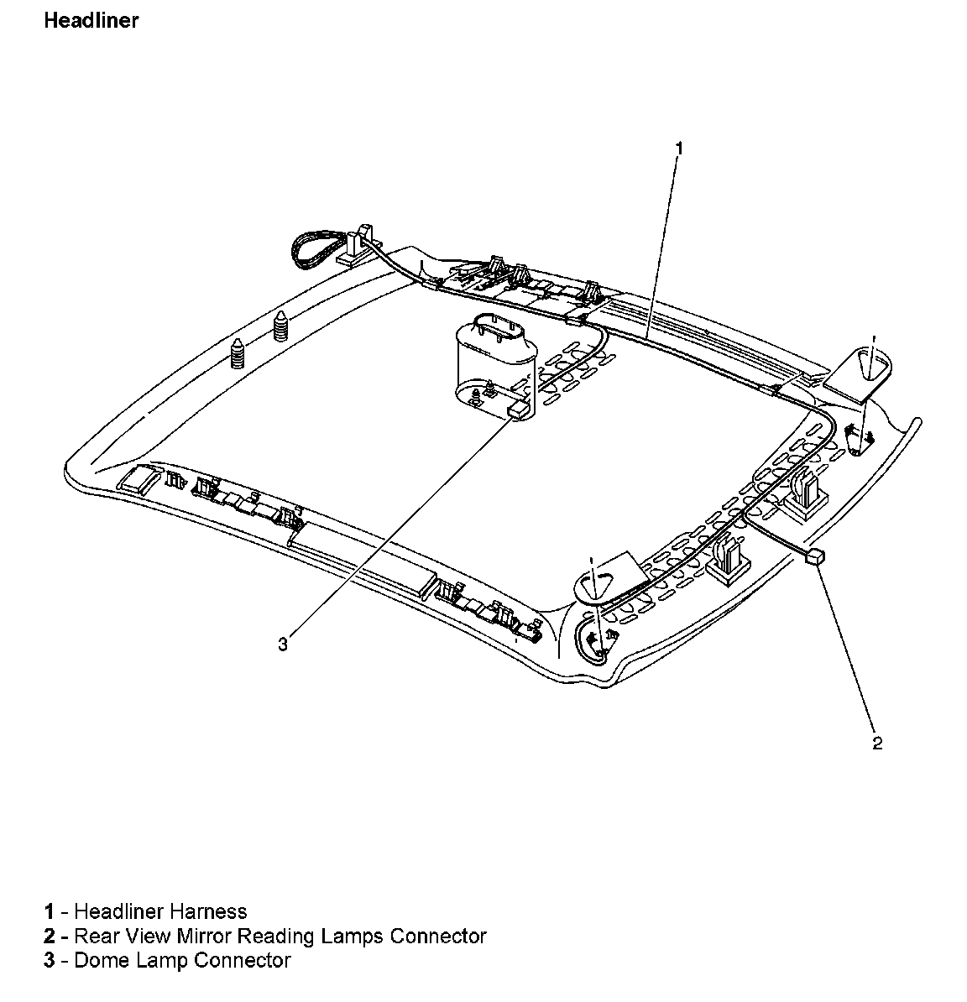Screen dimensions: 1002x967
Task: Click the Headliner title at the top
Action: point(91,21)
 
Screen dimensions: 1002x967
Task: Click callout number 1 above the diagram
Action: point(679,149)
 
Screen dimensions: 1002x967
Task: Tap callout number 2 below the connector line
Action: point(877,744)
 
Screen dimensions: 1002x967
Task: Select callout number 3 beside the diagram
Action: point(283,644)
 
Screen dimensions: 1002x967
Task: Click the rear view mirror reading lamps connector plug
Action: point(816,558)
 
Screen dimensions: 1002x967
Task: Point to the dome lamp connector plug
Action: point(519,410)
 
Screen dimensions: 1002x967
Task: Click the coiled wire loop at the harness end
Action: point(318,249)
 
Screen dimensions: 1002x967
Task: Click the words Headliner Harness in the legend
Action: point(160,911)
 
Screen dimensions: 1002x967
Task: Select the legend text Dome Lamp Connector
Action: point(182,960)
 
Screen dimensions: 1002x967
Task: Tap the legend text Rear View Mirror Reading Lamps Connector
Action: point(280,936)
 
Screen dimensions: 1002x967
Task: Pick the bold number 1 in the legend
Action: point(50,911)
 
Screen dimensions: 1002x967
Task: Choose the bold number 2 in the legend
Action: point(50,936)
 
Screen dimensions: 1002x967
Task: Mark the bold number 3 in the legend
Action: point(50,960)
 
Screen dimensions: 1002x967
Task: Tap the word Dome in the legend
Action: point(98,960)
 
